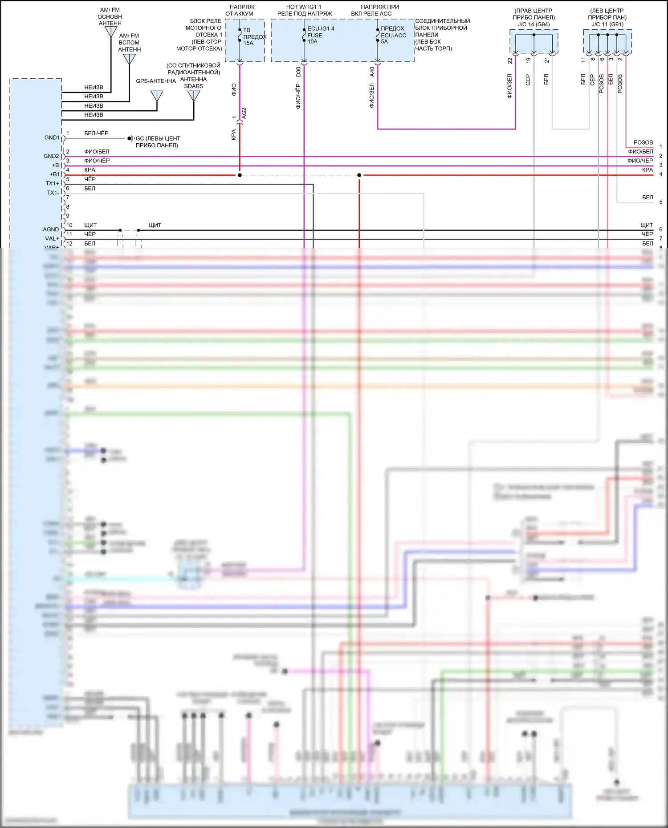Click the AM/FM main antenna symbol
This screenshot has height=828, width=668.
click(111, 32)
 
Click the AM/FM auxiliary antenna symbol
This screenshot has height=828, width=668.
click(129, 59)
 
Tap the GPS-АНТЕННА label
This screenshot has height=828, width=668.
click(156, 81)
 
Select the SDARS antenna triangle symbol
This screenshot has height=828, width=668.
click(194, 95)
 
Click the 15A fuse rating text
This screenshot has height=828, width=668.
click(248, 43)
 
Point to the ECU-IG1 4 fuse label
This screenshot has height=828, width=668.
click(321, 28)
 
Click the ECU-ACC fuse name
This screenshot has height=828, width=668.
click(393, 35)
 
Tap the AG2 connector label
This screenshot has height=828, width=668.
click(244, 113)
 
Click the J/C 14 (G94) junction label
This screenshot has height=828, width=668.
click(534, 24)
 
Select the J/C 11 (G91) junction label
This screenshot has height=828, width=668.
click(607, 24)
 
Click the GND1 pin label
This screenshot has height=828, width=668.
click(52, 138)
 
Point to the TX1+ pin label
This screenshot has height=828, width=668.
click(52, 184)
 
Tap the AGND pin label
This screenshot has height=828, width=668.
click(51, 230)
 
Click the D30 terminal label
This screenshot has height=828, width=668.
click(298, 72)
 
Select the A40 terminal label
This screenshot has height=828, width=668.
click(372, 72)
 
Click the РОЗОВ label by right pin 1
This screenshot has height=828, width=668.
click(643, 142)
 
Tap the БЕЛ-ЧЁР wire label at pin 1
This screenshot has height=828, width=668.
click(96, 133)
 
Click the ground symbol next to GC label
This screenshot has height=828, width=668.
click(130, 138)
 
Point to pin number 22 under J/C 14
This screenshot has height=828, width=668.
click(510, 61)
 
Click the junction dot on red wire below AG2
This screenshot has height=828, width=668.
click(240, 175)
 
